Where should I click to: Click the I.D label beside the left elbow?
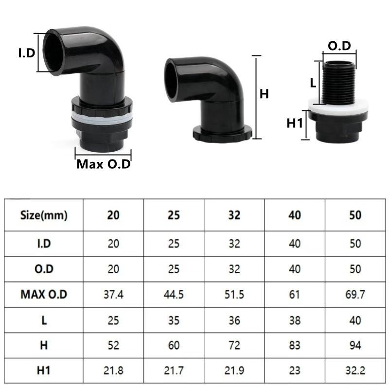coord(27,53)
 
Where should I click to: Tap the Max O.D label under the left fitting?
coord(104,164)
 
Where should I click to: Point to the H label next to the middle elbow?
coord(264,94)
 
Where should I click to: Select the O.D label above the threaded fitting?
coord(339,46)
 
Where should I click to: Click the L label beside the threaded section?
coord(313,83)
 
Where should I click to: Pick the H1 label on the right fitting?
coord(295,124)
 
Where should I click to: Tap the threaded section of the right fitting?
coord(339,82)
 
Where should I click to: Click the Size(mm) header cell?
coord(44,215)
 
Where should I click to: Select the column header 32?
coord(234,215)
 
